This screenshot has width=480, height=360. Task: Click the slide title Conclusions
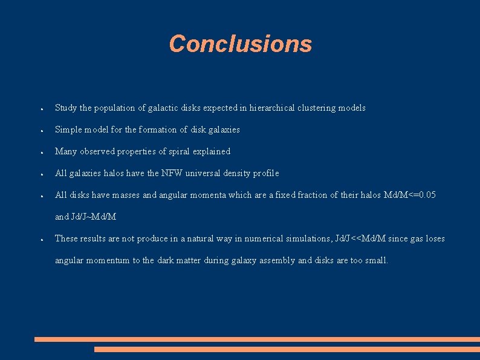pos(240,44)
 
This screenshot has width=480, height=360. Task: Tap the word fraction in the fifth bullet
pos(327,195)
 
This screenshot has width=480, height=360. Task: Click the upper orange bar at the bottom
pos(257,339)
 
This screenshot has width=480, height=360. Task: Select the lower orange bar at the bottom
pos(287,349)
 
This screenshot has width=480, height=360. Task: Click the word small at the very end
pos(375,260)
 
